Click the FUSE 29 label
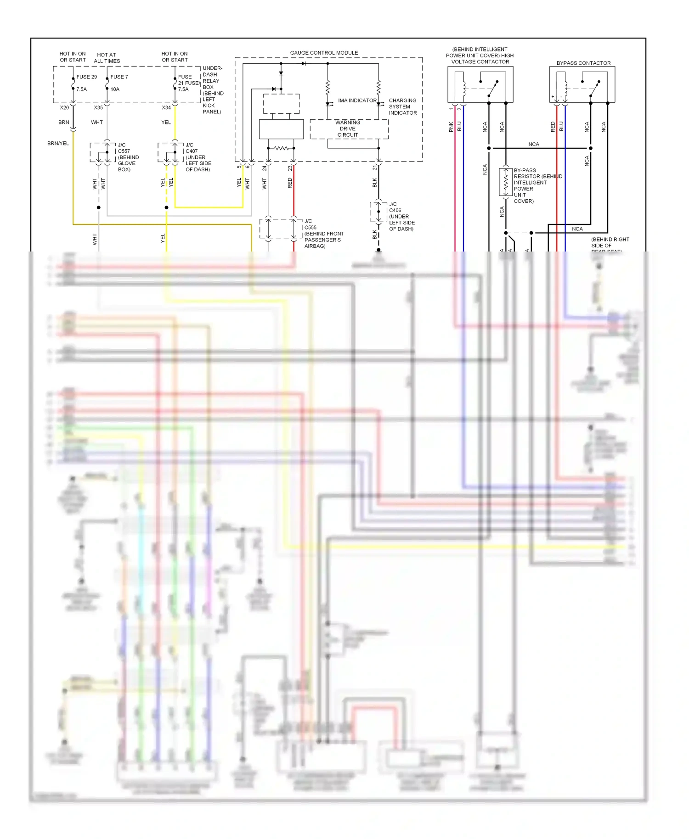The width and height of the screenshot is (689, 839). click(x=86, y=77)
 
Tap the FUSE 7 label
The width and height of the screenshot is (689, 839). click(x=119, y=77)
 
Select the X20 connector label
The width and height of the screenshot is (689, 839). click(x=64, y=108)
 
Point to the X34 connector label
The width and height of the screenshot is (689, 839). click(x=166, y=108)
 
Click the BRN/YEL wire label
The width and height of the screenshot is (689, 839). click(x=58, y=143)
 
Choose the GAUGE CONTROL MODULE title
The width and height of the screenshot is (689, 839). click(x=324, y=53)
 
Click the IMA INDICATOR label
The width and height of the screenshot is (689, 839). click(x=357, y=101)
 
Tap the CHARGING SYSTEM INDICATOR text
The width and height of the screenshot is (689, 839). click(x=402, y=106)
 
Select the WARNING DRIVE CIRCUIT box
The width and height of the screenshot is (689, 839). click(x=348, y=129)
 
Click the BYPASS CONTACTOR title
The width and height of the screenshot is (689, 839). click(x=583, y=63)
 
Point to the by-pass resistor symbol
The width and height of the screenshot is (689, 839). click(x=506, y=183)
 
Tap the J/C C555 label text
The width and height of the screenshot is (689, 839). click(x=323, y=234)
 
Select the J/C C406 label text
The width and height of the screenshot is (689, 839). click(x=401, y=216)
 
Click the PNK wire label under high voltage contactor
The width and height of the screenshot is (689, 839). click(x=451, y=127)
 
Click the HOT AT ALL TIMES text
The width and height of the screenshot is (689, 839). click(x=107, y=58)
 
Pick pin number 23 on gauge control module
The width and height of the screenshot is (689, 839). click(x=290, y=168)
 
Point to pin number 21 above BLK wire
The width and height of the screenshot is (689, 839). click(x=375, y=168)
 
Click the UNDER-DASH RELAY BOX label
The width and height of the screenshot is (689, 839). click(x=212, y=90)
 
